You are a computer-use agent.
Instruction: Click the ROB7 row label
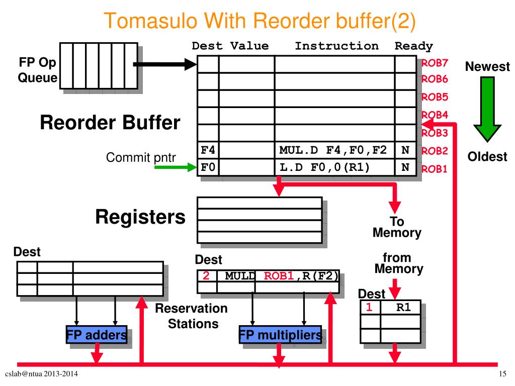click(435, 63)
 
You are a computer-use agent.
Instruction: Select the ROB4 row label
click(435, 115)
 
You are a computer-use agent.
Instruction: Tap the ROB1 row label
click(434, 169)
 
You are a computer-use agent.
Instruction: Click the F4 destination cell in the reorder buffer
click(208, 150)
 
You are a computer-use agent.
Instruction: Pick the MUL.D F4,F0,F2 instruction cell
click(334, 150)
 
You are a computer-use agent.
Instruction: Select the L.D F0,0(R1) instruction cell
click(334, 167)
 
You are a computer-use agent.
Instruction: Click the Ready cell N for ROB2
click(405, 150)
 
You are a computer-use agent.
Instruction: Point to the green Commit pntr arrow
click(176, 167)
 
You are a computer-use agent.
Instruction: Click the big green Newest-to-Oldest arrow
click(487, 109)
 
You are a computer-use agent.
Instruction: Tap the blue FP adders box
click(97, 334)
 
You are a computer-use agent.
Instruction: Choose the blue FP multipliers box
click(280, 334)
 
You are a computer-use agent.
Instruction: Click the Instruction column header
click(336, 46)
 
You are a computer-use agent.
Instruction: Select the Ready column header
click(413, 46)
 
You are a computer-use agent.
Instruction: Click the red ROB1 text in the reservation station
click(279, 276)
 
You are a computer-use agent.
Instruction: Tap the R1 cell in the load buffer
click(403, 307)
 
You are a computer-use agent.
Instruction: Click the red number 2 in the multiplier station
click(206, 275)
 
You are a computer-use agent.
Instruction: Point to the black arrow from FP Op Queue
click(165, 64)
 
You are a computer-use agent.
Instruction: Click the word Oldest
click(487, 157)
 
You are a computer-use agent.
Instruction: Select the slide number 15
click(502, 373)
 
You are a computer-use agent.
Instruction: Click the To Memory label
click(397, 227)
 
